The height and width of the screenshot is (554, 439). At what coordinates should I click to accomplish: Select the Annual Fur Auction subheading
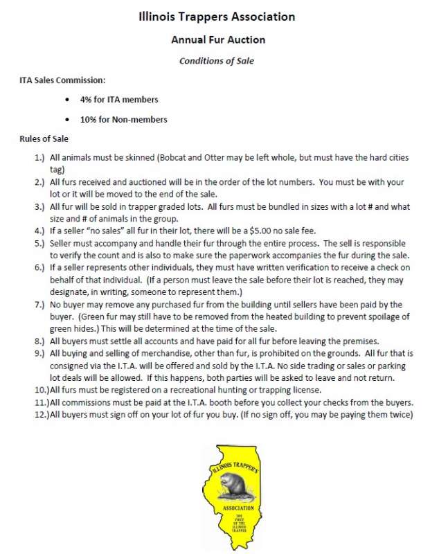218,40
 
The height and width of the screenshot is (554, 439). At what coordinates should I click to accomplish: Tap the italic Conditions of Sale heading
217,61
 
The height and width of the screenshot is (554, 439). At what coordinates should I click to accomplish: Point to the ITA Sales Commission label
62,80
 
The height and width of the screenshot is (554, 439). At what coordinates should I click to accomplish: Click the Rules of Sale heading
43,138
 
